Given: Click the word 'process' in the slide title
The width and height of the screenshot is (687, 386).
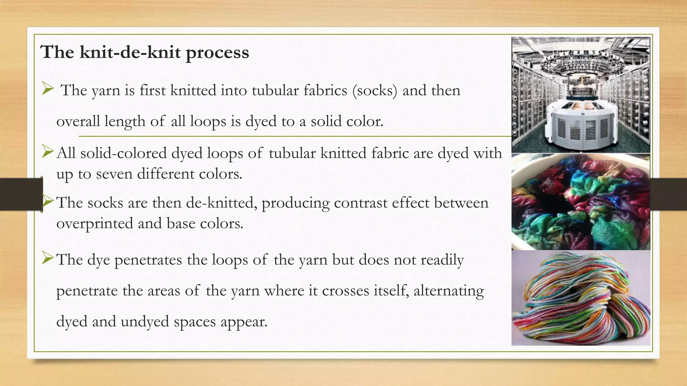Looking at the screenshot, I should tap(217, 53).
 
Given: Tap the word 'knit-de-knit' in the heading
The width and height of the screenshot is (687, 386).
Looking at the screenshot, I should tap(130, 52).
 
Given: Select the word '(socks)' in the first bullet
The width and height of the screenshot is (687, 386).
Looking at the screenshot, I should tap(375, 90).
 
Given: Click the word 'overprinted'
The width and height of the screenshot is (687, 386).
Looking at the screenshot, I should tap(95, 223).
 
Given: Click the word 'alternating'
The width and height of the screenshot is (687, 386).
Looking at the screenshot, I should tap(448, 291).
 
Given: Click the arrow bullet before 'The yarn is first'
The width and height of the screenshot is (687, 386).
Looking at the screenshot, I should tap(48, 89).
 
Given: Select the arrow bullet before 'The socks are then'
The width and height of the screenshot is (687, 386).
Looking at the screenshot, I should tap(48, 201).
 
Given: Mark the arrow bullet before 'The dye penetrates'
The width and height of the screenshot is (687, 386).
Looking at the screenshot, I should tap(48, 258).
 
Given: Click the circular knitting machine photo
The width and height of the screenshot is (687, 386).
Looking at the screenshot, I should tap(581, 95).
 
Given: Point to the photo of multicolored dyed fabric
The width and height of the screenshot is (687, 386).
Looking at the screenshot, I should tap(581, 202).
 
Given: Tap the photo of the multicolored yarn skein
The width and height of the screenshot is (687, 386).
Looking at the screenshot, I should tap(581, 298).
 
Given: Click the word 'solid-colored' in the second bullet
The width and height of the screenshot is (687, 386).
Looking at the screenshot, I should tap(124, 153).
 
